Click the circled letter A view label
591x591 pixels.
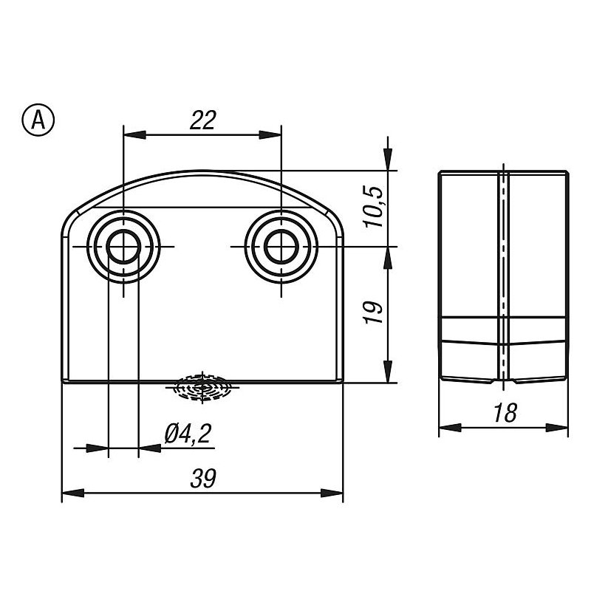tap(38, 120)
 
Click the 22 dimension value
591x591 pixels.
tap(202, 120)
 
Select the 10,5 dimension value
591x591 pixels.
tap(375, 207)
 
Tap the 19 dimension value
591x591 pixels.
tap(375, 312)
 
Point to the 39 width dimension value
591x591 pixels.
tap(203, 478)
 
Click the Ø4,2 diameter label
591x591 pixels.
tap(188, 434)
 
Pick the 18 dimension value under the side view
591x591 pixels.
tap(505, 413)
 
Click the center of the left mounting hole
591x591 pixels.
tap(123, 247)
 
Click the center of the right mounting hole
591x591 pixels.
tap(281, 247)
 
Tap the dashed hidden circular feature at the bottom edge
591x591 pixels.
tap(202, 387)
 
